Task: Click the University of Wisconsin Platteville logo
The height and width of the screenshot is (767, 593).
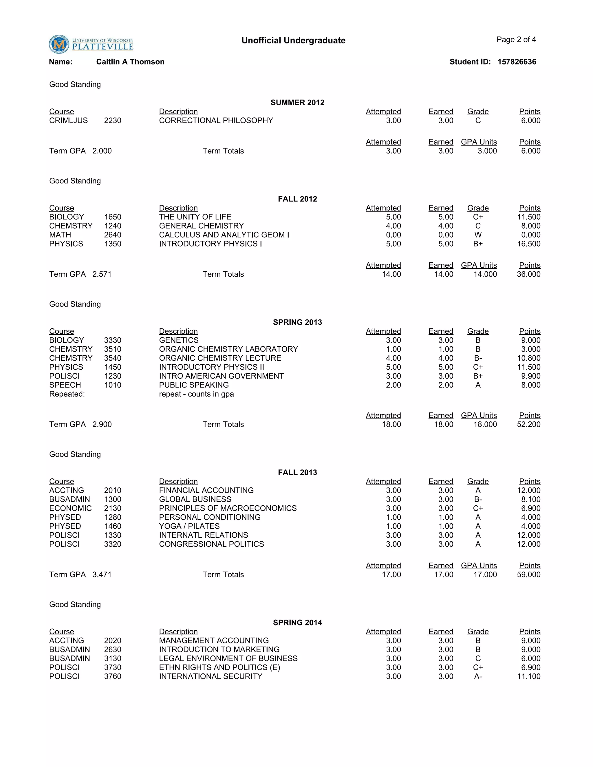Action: [91, 44]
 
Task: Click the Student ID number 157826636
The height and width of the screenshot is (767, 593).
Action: [517, 62]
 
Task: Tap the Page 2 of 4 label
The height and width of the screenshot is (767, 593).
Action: [516, 40]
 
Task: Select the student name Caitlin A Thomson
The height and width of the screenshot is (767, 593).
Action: [130, 62]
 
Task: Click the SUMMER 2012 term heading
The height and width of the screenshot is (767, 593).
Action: [297, 102]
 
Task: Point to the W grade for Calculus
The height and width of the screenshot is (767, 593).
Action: [477, 235]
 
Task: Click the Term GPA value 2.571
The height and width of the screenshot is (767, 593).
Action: [102, 274]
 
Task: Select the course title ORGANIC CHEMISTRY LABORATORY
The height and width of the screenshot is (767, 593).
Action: [228, 349]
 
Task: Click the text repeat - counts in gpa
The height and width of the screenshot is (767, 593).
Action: [196, 394]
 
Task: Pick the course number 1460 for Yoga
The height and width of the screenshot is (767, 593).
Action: [112, 526]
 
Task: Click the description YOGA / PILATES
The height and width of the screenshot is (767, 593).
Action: [189, 526]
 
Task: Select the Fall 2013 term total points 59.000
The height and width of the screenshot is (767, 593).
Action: [528, 575]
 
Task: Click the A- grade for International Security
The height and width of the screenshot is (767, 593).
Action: [477, 676]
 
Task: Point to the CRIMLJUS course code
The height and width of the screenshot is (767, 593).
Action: [69, 120]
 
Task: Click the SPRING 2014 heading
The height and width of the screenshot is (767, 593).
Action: [297, 623]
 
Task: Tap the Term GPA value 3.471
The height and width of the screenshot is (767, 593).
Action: [102, 575]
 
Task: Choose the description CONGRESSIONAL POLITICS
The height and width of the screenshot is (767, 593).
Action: [211, 544]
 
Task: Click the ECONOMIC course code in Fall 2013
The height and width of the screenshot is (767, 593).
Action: [70, 508]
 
